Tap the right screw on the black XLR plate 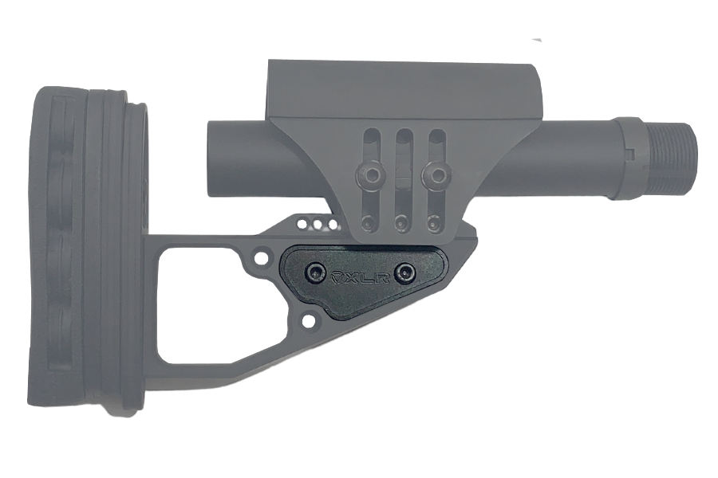(x=409, y=273)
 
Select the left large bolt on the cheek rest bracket (x=368, y=172)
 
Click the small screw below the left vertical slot (x=367, y=221)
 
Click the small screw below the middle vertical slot (x=401, y=221)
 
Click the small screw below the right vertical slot (x=434, y=221)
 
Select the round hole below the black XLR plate (x=308, y=322)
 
